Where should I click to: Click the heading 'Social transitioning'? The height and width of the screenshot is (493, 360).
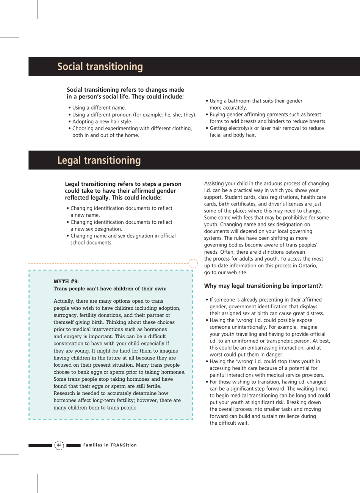click(x=100, y=67)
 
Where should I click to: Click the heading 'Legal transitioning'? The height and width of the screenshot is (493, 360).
click(x=99, y=160)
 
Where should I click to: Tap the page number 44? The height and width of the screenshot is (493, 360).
click(x=59, y=445)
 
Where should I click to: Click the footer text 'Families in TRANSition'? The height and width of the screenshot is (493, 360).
click(x=110, y=445)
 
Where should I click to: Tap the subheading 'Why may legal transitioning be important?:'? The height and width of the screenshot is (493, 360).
click(x=263, y=286)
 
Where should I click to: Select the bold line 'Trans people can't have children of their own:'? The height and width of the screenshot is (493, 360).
click(x=110, y=289)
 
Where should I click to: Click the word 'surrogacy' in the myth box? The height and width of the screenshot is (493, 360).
click(x=65, y=316)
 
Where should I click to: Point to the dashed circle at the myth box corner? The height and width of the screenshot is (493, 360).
click(x=193, y=264)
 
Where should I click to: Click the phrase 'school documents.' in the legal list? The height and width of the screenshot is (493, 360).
click(x=91, y=243)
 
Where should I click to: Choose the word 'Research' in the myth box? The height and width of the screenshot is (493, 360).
click(x=65, y=393)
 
